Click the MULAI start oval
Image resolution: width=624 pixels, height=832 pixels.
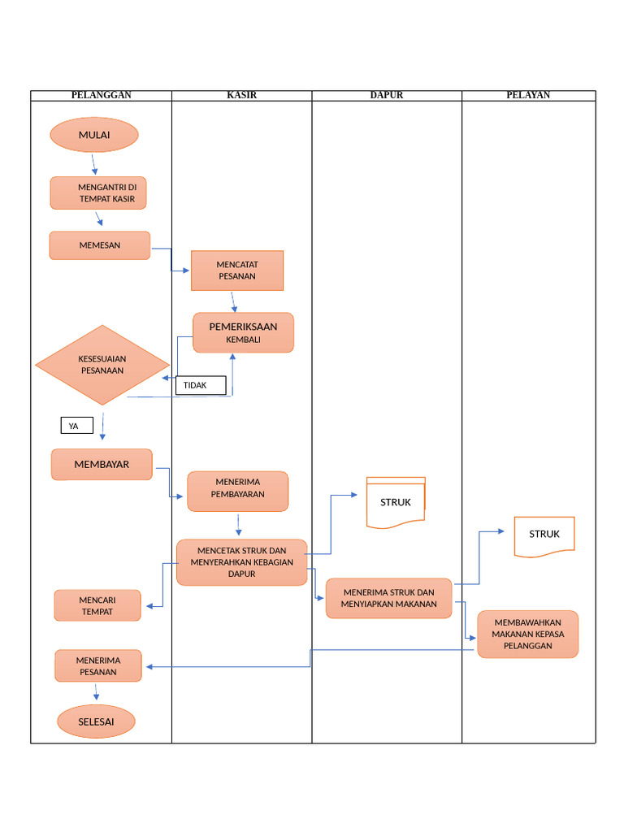(94, 135)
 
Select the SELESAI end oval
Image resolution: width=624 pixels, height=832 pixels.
(96, 721)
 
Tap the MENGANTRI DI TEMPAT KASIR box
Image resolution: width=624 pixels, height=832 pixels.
(98, 193)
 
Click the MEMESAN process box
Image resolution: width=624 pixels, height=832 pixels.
(100, 245)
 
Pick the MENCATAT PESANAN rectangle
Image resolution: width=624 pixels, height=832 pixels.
(237, 271)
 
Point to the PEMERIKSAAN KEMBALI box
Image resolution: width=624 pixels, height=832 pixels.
(243, 333)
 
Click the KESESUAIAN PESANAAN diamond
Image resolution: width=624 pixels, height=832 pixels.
(102, 365)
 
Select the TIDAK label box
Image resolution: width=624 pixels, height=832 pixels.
(201, 385)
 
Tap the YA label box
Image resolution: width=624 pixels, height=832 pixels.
(77, 426)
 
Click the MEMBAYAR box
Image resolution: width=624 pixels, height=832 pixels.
(102, 465)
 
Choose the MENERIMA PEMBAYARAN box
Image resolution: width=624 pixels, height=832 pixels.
(237, 492)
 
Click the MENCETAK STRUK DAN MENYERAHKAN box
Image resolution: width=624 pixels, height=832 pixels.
(242, 562)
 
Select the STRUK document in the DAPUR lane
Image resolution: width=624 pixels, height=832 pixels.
(396, 503)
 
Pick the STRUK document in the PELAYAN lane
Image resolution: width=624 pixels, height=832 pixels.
(544, 536)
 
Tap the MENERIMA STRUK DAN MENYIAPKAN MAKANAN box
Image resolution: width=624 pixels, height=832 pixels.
(389, 599)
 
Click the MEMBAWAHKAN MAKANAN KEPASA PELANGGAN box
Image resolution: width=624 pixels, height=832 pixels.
(528, 635)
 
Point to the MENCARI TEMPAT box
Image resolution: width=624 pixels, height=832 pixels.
(97, 606)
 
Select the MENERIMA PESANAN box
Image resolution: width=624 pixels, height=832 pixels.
(98, 666)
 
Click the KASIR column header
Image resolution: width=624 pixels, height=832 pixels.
(241, 95)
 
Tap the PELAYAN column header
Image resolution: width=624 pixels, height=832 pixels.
(528, 95)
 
